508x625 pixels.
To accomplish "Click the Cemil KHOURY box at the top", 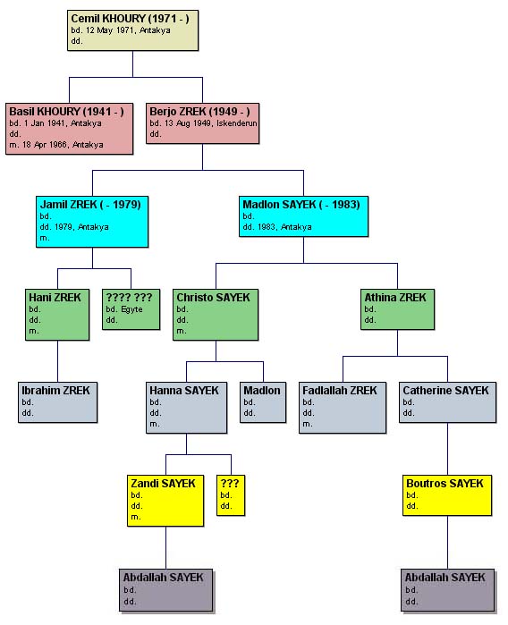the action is point(132,30).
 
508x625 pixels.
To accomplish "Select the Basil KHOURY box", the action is point(70,129).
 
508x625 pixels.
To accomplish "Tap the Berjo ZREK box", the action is point(202,123).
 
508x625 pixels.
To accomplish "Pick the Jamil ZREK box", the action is point(92,222).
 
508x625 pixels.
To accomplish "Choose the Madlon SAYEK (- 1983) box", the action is point(303,216).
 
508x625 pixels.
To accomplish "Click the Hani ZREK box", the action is point(57,315).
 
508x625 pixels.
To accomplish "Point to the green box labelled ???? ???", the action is point(131,309).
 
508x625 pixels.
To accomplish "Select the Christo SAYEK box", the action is point(216,315).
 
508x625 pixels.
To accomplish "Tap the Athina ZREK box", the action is point(398,309).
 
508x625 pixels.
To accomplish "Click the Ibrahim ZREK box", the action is point(58,402).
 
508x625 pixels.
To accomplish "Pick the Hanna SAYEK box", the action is point(187,408).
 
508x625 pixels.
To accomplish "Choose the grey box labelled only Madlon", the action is point(263,402).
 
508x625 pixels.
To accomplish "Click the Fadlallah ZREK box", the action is point(343,408).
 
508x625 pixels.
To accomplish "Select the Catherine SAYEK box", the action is point(448,402).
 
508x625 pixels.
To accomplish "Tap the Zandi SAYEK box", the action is point(165,501).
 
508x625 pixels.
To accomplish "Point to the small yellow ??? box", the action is point(231,495).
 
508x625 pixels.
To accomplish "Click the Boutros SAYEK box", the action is point(447,495).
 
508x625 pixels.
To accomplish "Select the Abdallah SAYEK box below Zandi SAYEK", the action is point(165,590).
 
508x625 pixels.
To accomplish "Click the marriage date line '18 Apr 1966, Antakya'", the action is point(63,145).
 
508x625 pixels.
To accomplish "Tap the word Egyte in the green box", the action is point(131,309).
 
